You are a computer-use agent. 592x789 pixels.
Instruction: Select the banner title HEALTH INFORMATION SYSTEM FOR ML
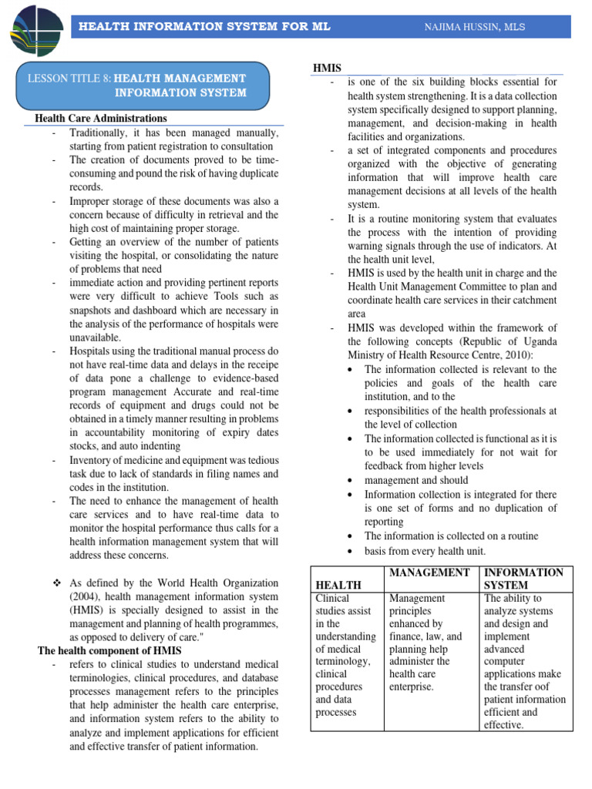(x=205, y=27)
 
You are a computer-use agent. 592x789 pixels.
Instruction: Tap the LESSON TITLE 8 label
(x=70, y=79)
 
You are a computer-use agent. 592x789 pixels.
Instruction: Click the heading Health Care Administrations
(x=101, y=118)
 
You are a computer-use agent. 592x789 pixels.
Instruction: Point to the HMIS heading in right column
(x=326, y=69)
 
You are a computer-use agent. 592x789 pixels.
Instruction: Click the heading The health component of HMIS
(x=109, y=650)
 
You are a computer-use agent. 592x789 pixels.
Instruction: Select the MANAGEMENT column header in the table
(x=430, y=572)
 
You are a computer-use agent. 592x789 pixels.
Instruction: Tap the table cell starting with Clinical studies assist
(x=345, y=655)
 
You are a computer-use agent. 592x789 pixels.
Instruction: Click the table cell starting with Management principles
(x=426, y=641)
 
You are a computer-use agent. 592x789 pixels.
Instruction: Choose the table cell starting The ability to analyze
(x=524, y=661)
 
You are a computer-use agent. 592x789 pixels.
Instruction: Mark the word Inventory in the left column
(x=92, y=460)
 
